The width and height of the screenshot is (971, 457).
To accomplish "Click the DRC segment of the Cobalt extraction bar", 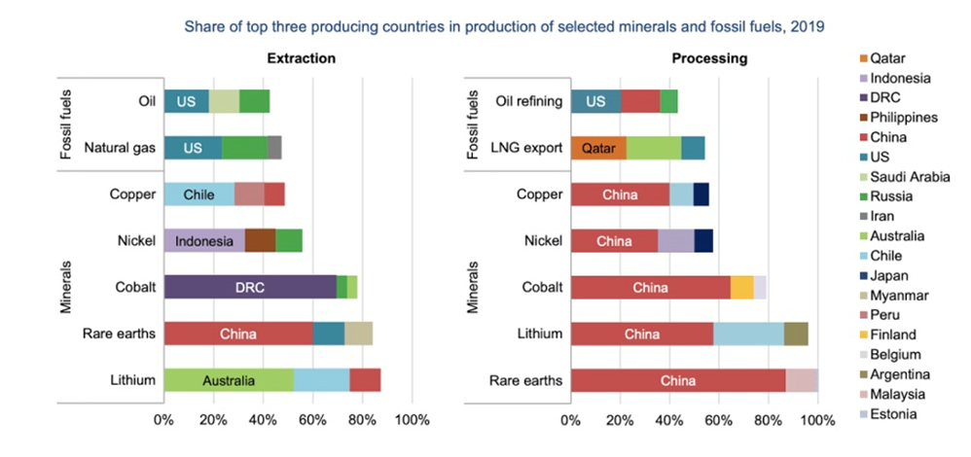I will (x=250, y=287).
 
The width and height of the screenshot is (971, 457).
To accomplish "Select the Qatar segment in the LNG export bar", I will (x=597, y=148).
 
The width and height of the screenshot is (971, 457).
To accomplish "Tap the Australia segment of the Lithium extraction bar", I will (x=229, y=380).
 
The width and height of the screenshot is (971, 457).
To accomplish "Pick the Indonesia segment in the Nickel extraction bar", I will (x=204, y=240).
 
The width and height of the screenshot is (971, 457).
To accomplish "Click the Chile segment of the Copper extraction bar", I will (x=198, y=194).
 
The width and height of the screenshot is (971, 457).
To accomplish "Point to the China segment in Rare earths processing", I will (x=677, y=380).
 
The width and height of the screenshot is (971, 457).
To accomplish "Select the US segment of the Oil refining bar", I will (x=595, y=101).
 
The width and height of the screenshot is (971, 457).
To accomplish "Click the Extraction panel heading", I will (x=302, y=58).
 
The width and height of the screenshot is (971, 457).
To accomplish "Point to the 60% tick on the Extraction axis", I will (x=312, y=421).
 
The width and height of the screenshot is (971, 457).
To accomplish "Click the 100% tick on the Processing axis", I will (x=817, y=421).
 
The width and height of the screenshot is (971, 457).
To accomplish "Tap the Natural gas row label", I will (x=120, y=148).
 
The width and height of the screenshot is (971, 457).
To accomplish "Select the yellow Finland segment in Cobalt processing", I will (x=741, y=287).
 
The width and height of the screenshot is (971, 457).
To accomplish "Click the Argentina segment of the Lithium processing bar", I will (x=796, y=334).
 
